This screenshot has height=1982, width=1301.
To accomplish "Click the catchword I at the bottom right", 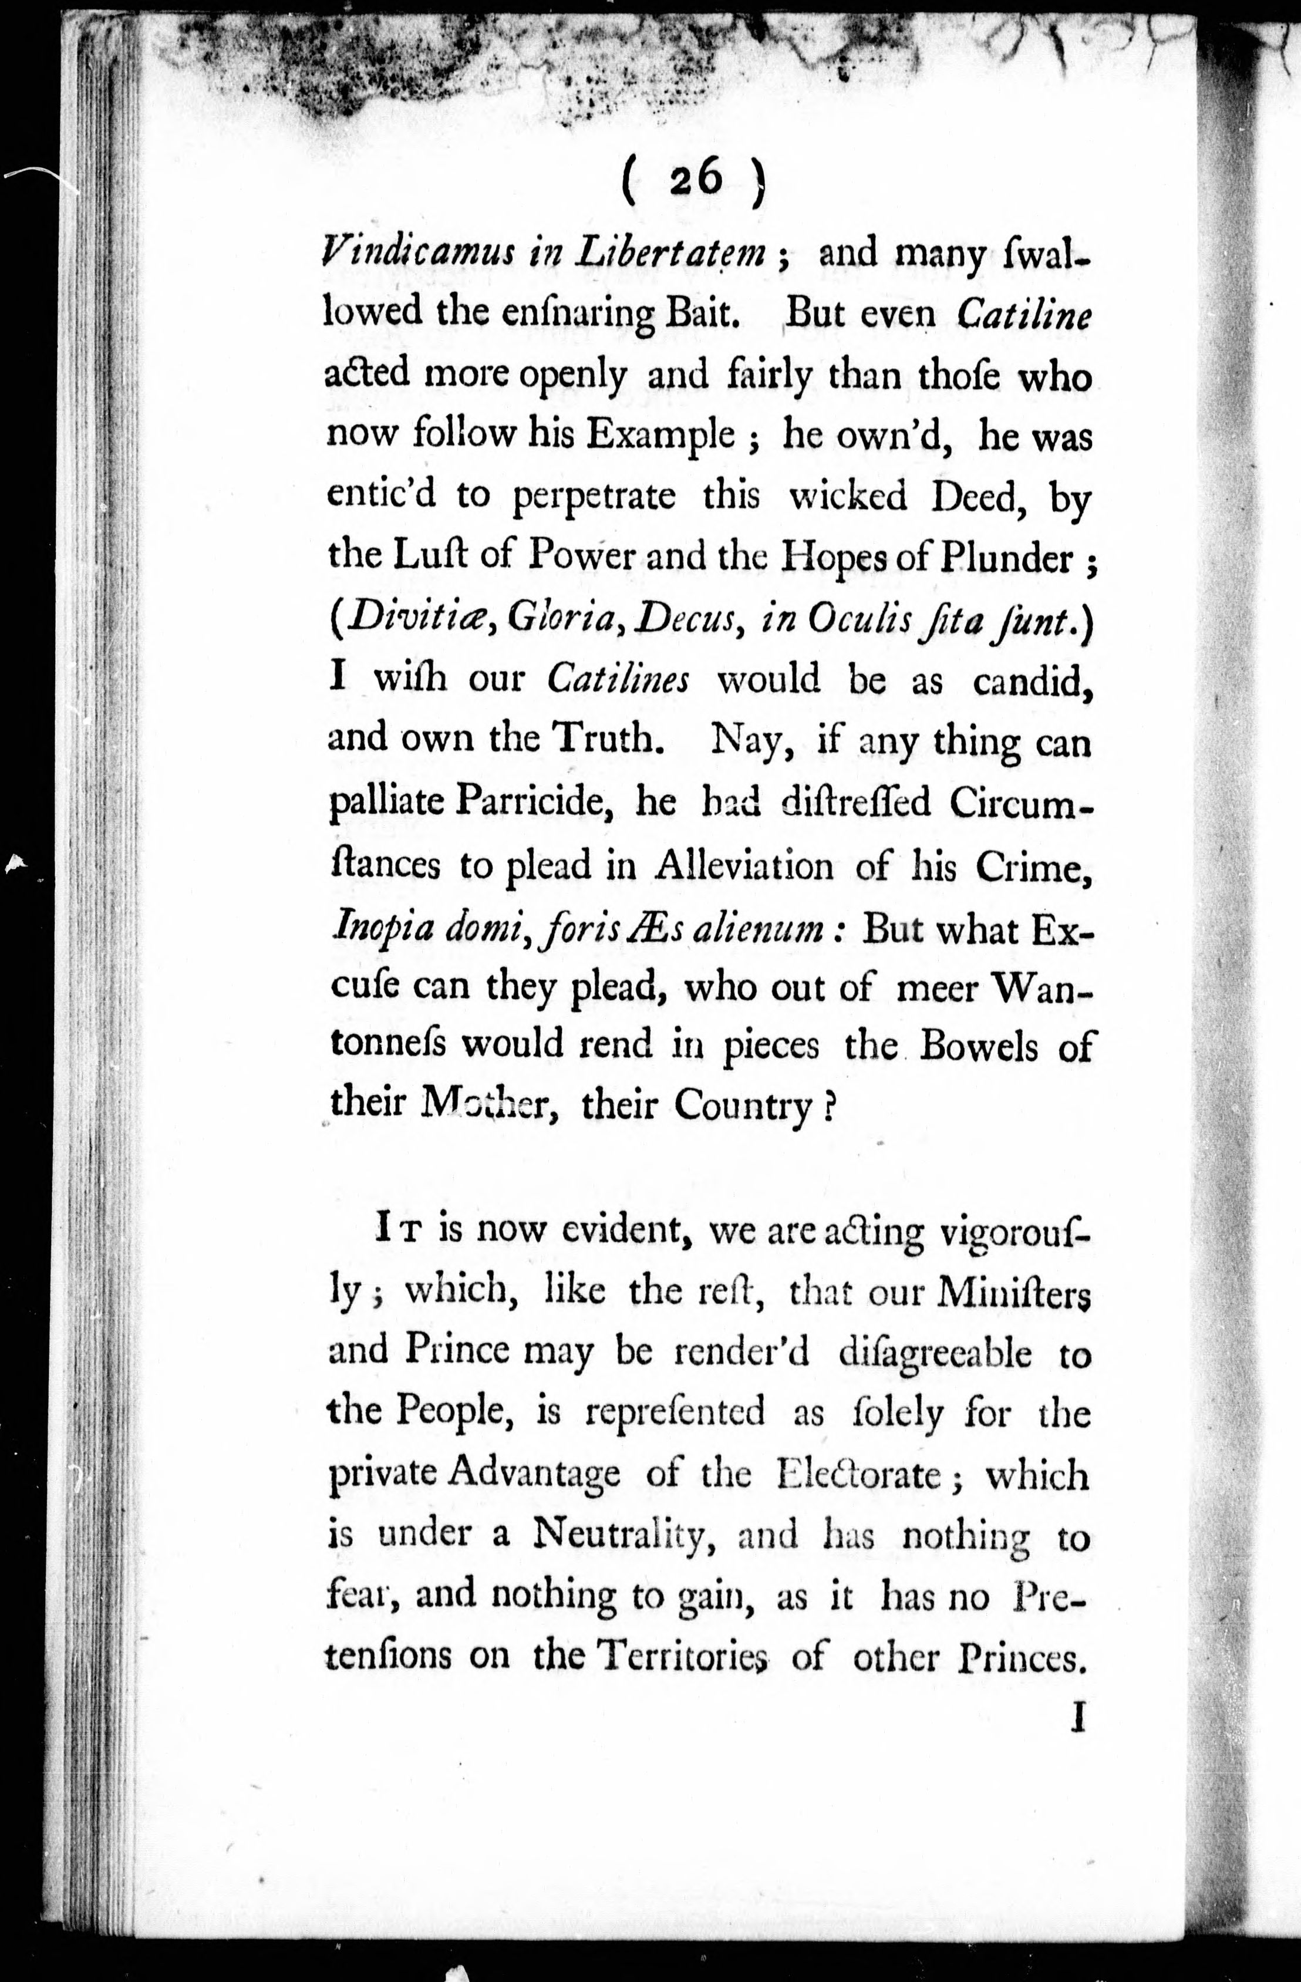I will tap(1078, 1717).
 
